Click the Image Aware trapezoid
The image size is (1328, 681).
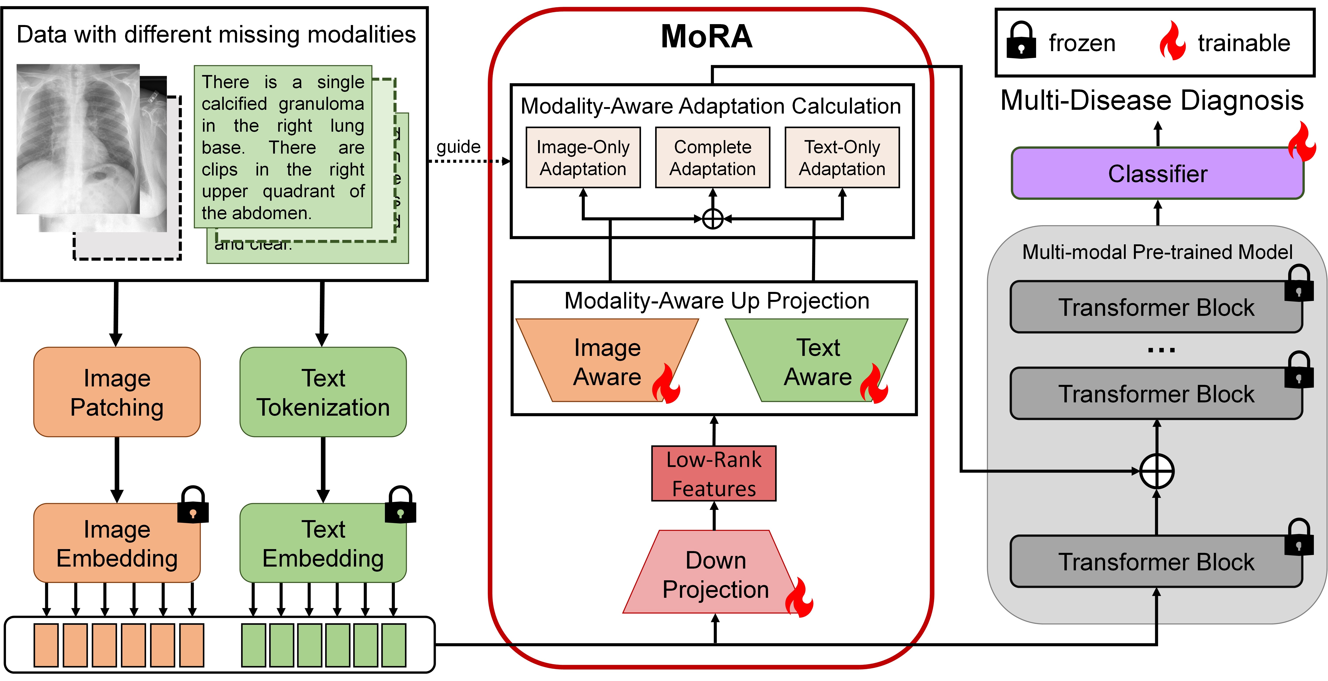pyautogui.click(x=607, y=361)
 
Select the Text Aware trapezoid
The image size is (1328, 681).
pyautogui.click(x=817, y=361)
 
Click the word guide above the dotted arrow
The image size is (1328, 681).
pyautogui.click(x=458, y=147)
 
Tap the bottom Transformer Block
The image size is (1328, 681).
pyautogui.click(x=1156, y=561)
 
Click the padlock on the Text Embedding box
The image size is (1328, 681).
pyautogui.click(x=401, y=505)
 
